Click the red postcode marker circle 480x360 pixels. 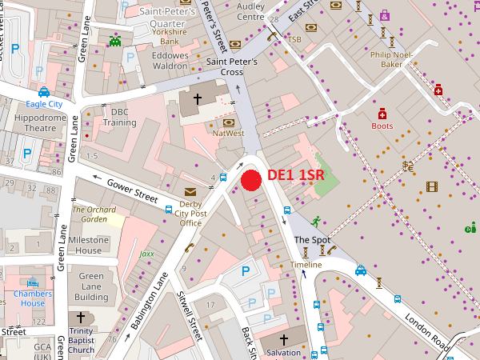click(251, 181)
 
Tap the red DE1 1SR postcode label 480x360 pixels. click(295, 175)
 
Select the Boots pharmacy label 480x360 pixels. click(382, 126)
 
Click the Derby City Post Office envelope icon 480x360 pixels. click(190, 192)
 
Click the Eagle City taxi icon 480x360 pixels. click(44, 92)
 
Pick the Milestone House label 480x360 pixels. click(88, 245)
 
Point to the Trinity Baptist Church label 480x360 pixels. click(81, 340)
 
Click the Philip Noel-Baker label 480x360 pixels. click(391, 59)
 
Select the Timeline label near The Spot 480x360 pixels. click(306, 265)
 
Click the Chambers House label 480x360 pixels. click(33, 298)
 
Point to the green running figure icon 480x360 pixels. click(316, 220)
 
